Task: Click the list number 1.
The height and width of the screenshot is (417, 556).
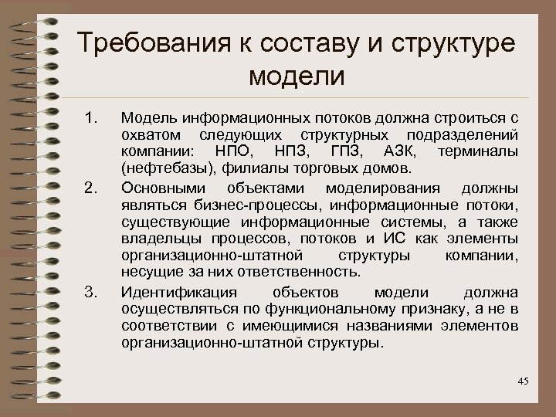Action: tap(92, 118)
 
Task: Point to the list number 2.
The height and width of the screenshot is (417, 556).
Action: tap(92, 188)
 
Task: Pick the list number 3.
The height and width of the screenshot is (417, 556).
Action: tap(92, 292)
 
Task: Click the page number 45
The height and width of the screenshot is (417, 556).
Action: tap(522, 381)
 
